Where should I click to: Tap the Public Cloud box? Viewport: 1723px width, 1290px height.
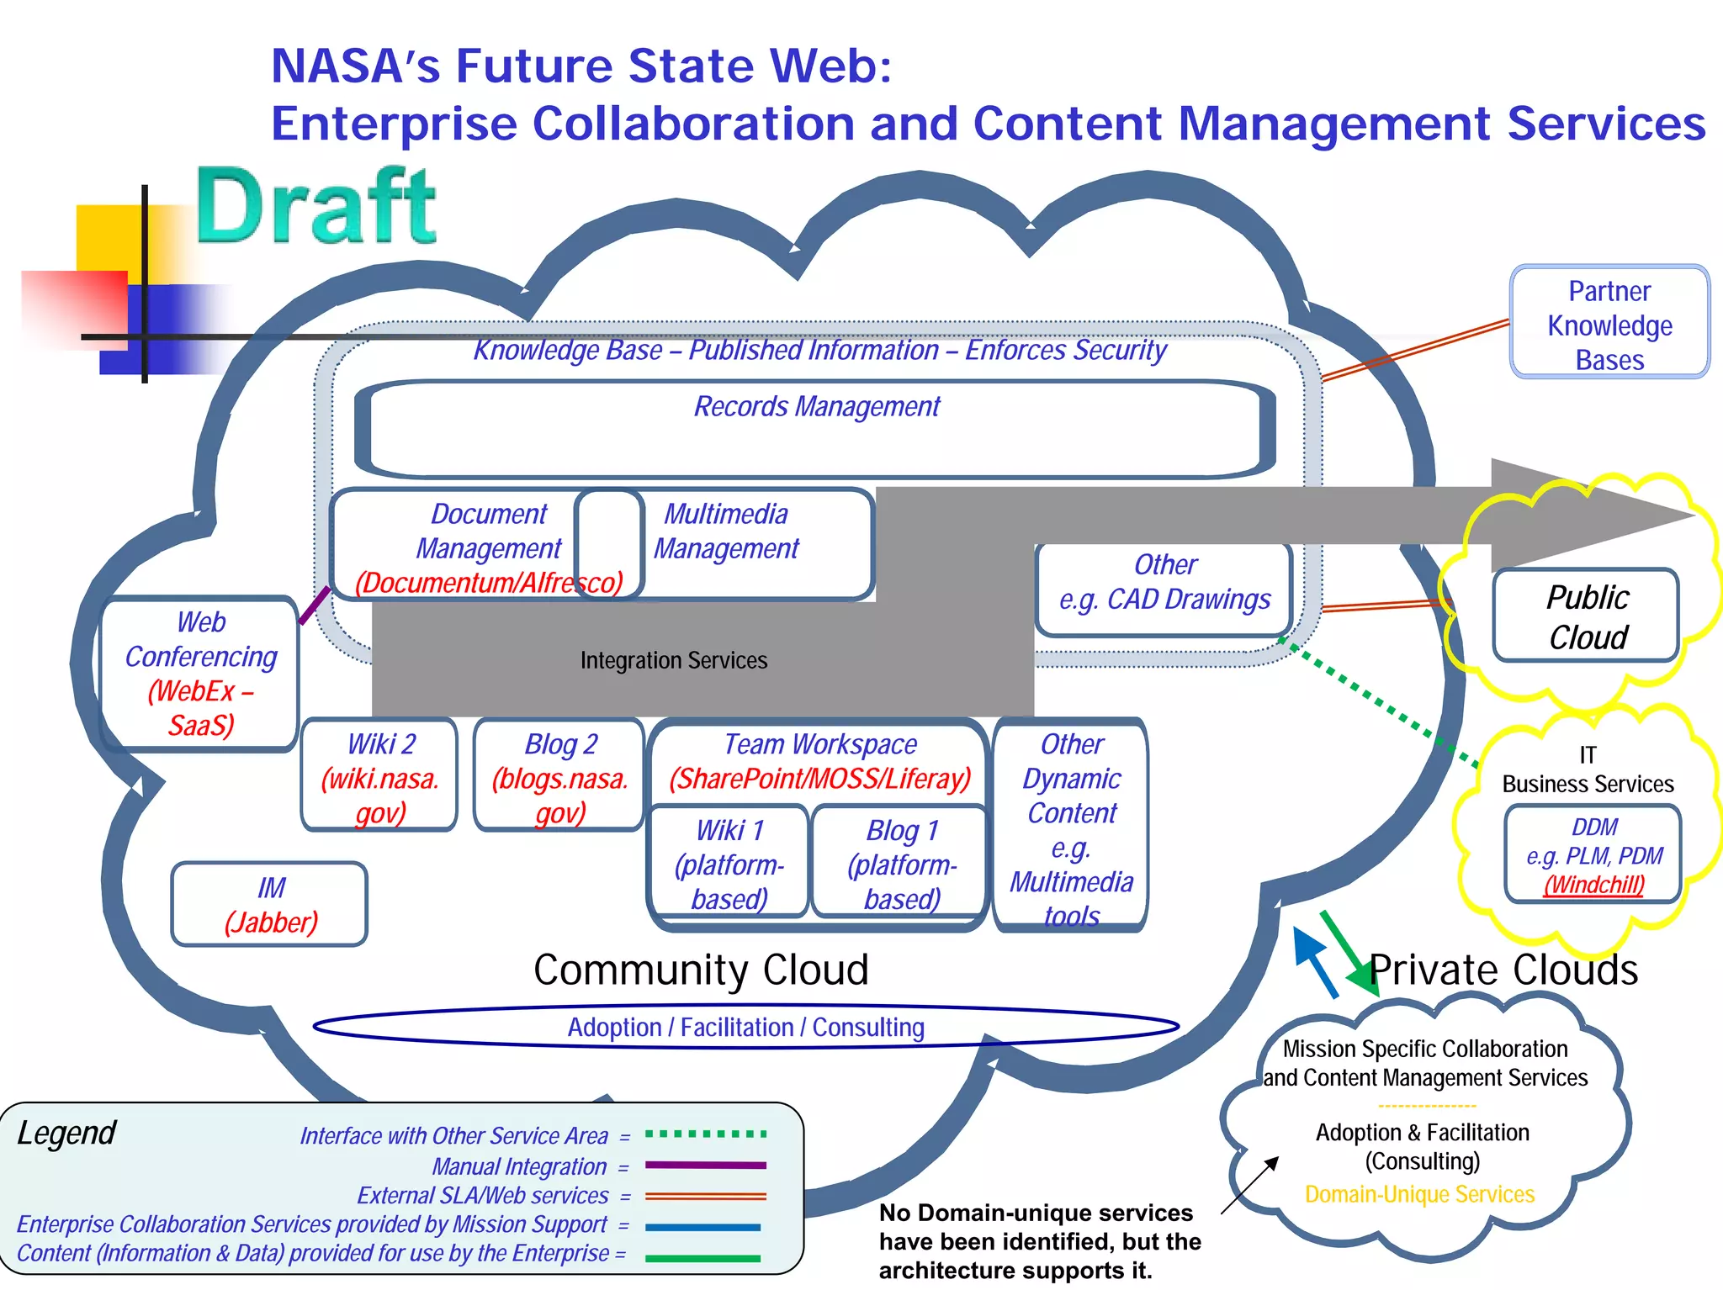(1587, 616)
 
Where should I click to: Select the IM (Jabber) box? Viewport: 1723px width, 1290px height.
(270, 905)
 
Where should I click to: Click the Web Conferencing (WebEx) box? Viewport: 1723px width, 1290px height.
(200, 674)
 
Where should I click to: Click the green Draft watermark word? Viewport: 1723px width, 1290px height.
(316, 206)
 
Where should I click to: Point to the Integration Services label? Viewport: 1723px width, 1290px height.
(673, 661)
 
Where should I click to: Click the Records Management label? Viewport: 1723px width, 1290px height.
(816, 407)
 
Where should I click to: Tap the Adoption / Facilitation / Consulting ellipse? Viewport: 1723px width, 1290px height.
(745, 1027)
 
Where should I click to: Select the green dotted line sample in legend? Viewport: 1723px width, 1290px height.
(705, 1134)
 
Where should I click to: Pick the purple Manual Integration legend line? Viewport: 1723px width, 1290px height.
(705, 1166)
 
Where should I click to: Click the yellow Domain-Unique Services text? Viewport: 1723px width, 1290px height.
(1419, 1194)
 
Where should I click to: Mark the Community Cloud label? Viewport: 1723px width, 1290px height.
(701, 970)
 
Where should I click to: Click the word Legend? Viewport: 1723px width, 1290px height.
(66, 1134)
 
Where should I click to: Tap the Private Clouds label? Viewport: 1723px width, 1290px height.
(1503, 970)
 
